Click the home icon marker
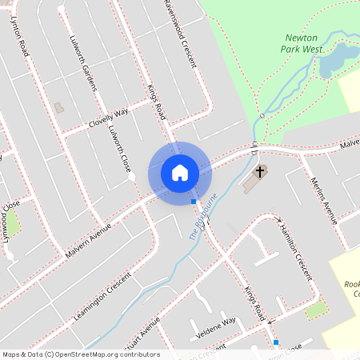[179, 172]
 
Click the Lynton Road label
[20, 35]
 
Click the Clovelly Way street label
[109, 118]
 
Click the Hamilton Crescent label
[294, 250]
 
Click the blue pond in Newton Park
[339, 59]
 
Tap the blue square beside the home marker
[194, 202]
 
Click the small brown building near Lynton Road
[58, 106]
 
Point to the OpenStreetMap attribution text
[81, 354]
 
